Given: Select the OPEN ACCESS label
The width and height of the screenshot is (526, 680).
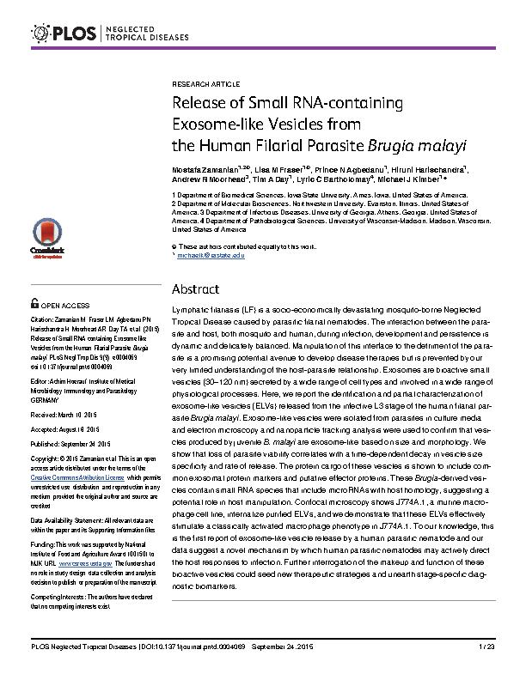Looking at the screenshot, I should point(65,305).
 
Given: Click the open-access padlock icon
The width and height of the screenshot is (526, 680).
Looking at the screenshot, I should point(34,304).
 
